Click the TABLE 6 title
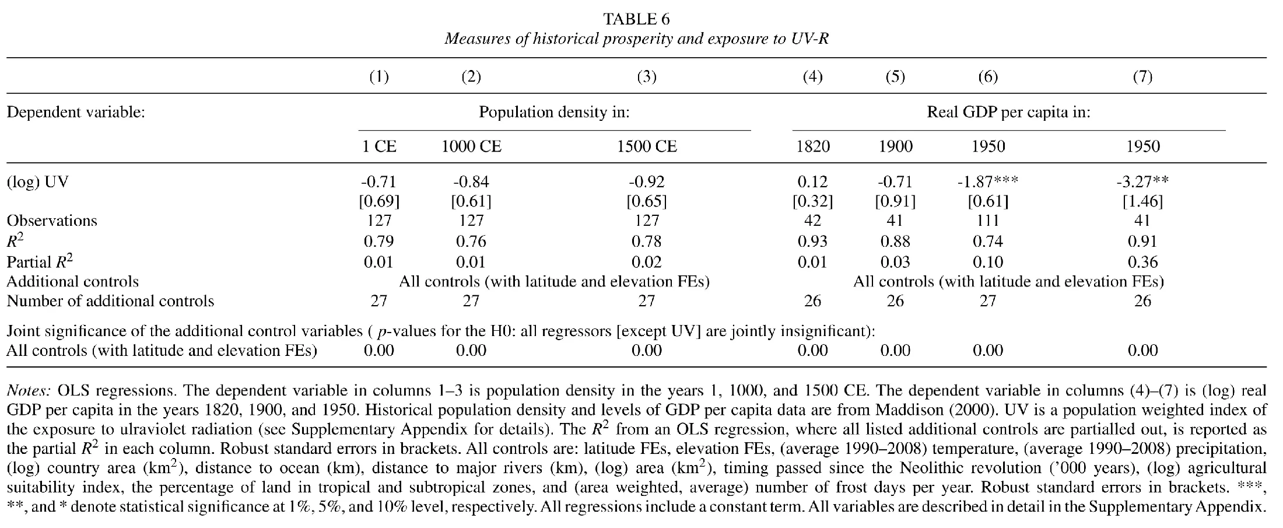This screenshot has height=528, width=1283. [637, 19]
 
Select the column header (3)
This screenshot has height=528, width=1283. [647, 77]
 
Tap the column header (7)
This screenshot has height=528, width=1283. [1142, 77]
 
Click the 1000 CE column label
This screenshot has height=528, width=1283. [471, 146]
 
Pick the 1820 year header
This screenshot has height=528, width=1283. [813, 146]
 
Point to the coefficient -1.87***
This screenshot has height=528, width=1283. [988, 181]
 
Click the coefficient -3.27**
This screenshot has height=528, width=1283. [1142, 181]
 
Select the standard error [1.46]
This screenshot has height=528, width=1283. [1142, 202]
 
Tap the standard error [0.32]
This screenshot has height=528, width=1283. [813, 202]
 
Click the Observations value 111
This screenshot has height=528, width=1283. [988, 221]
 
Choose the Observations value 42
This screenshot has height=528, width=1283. [813, 221]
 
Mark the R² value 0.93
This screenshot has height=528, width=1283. [813, 241]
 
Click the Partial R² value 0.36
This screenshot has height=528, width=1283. [1142, 261]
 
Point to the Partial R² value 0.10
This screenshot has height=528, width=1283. [988, 261]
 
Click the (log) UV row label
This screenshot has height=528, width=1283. [37, 182]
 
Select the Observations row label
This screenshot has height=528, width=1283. [52, 221]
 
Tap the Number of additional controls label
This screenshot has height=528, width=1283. [110, 301]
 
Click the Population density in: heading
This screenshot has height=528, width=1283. [554, 112]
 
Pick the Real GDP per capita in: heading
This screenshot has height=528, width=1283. [1009, 112]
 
